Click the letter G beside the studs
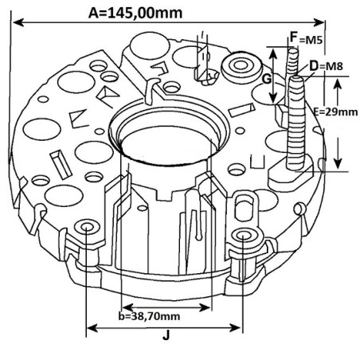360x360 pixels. tap(268, 78)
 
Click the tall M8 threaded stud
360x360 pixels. tap(299, 119)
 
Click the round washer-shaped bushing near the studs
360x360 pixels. tap(241, 67)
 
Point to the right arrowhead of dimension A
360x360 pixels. tap(322, 22)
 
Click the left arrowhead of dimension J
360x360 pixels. tap(90, 327)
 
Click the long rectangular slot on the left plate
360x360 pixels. tap(58, 164)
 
